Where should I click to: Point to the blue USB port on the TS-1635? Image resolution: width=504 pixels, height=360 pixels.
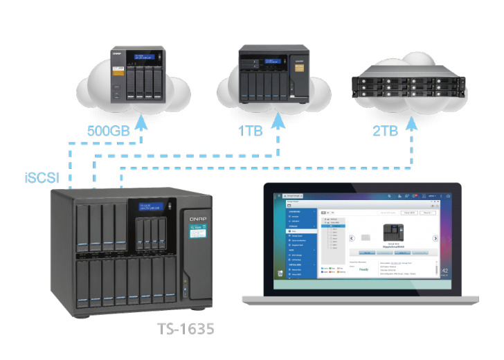[x=187, y=280]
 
